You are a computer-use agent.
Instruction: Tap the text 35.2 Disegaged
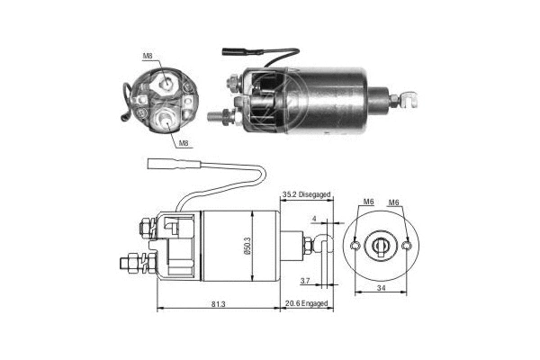click(307, 194)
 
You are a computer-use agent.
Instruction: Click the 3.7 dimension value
click(305, 281)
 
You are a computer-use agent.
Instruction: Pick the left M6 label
click(369, 202)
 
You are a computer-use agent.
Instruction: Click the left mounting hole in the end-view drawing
click(357, 245)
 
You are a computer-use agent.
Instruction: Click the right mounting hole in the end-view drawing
click(410, 245)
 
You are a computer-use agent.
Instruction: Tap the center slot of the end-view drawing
click(383, 244)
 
